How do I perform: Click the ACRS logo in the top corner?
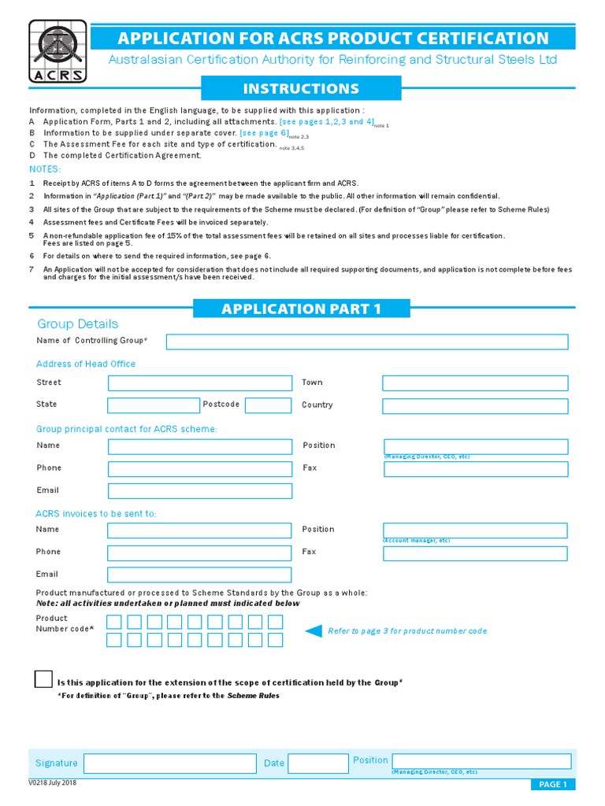click(x=58, y=51)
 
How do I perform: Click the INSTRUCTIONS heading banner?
click(x=301, y=89)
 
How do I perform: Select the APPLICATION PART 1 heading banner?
click(x=301, y=309)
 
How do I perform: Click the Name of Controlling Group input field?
click(x=366, y=342)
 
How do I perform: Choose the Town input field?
click(x=474, y=383)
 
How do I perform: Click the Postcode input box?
click(x=268, y=405)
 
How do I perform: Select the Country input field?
click(x=474, y=406)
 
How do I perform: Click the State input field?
click(x=154, y=405)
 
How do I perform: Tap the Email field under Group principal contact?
click(x=199, y=491)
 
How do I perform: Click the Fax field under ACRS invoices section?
click(x=474, y=553)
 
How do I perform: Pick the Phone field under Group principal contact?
click(x=199, y=469)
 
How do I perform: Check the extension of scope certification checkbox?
click(x=43, y=680)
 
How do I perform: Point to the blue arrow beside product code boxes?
click(x=314, y=630)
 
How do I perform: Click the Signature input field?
click(x=170, y=763)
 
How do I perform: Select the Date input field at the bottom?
click(x=317, y=763)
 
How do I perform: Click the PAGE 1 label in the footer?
click(x=551, y=784)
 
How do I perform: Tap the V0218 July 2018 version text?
click(x=52, y=783)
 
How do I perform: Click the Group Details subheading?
click(x=78, y=324)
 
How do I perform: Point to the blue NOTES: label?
click(x=45, y=169)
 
